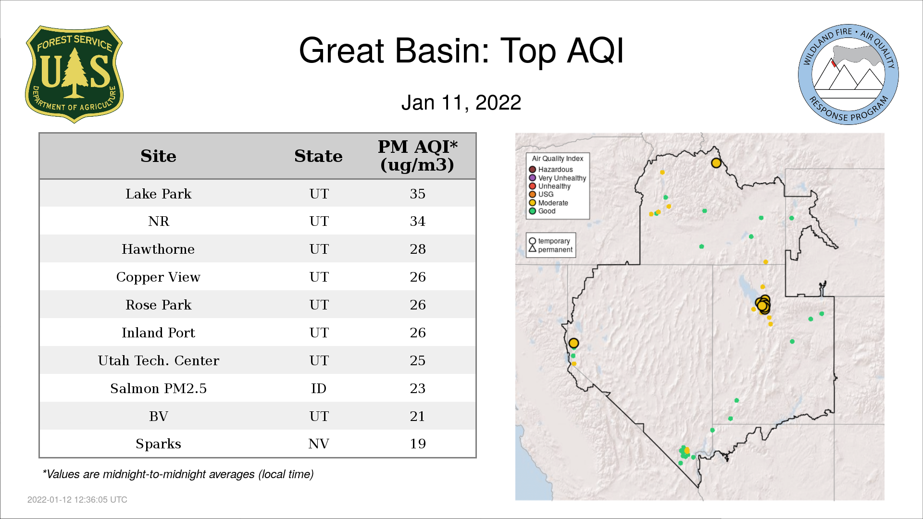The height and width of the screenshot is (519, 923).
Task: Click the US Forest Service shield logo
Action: pyautogui.click(x=74, y=74)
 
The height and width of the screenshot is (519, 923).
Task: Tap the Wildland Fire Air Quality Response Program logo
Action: pyautogui.click(x=848, y=74)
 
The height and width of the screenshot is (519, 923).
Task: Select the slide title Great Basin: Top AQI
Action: pyautogui.click(x=461, y=50)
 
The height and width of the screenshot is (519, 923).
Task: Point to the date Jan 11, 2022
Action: pyautogui.click(x=461, y=103)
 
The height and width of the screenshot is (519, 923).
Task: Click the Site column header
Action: pyautogui.click(x=158, y=156)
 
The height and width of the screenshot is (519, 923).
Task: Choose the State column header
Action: pyautogui.click(x=318, y=156)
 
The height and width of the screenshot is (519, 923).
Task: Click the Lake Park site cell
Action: pyautogui.click(x=159, y=194)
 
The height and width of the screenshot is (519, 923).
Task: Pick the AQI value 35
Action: pyautogui.click(x=418, y=194)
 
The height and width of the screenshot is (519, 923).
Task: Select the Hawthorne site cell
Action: pyautogui.click(x=158, y=249)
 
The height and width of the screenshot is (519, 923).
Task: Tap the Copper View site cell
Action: pyautogui.click(x=158, y=277)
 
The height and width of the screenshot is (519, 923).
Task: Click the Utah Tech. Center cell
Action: pyautogui.click(x=159, y=360)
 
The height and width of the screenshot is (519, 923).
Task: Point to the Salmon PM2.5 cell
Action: pyautogui.click(x=159, y=388)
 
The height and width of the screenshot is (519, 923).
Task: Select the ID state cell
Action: pyautogui.click(x=319, y=388)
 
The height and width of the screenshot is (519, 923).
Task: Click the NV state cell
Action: pyautogui.click(x=319, y=444)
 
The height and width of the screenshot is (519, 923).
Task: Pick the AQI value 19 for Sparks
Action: pyautogui.click(x=418, y=444)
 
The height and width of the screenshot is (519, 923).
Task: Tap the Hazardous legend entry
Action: pyautogui.click(x=551, y=170)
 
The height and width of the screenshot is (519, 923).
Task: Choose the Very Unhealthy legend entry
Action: pyautogui.click(x=558, y=178)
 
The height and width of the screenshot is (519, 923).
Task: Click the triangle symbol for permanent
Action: pyautogui.click(x=532, y=249)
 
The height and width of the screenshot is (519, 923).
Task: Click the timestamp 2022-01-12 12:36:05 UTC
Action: pyautogui.click(x=77, y=500)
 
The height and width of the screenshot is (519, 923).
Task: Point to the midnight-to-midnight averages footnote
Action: pyautogui.click(x=178, y=474)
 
